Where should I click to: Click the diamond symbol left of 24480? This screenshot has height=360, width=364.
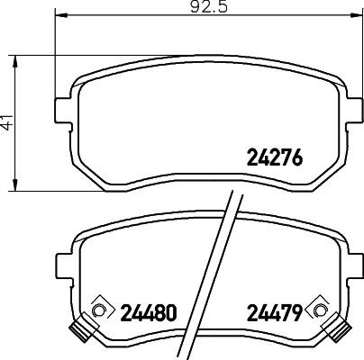coord(98,310)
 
